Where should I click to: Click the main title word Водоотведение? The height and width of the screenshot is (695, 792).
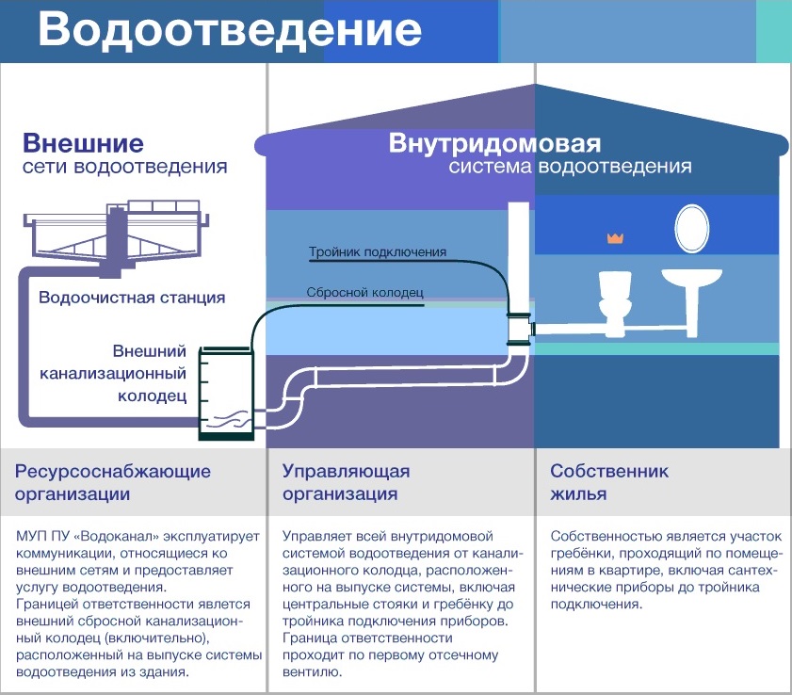230,29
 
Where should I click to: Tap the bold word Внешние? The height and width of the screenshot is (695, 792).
83,143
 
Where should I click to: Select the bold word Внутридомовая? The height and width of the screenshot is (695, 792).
494,143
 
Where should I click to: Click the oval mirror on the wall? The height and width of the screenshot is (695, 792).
691,228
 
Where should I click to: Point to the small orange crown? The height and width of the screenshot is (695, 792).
615,238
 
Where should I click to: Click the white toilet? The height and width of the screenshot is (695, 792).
615,303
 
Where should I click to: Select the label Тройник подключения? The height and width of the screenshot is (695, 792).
378,251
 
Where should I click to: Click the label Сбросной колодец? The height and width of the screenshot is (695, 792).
364,293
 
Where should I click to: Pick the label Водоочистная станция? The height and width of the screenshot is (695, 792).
132,297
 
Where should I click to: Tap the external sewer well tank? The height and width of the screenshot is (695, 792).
226,393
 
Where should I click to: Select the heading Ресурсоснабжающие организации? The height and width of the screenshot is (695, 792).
113,482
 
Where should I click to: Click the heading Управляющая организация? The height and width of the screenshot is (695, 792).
346,482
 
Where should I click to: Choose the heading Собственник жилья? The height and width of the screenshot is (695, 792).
609,482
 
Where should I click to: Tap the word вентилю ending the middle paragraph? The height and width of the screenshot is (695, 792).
312,671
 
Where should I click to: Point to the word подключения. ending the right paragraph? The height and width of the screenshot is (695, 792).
596,604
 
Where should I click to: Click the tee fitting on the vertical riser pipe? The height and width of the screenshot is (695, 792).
520,330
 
